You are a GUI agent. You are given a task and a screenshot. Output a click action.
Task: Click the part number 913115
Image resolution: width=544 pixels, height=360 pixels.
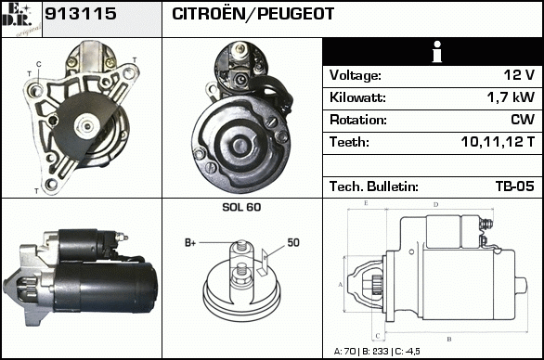pyautogui.click(x=81, y=14)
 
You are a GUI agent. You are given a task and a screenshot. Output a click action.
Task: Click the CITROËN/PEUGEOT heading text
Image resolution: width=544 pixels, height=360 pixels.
pyautogui.click(x=253, y=14)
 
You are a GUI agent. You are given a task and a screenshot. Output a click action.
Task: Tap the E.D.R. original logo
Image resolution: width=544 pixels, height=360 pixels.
pyautogui.click(x=21, y=19)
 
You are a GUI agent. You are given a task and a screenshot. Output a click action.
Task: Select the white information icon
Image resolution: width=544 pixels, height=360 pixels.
pyautogui.click(x=437, y=52)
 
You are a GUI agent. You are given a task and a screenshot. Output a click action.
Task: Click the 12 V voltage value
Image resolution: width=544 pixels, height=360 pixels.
pyautogui.click(x=519, y=75)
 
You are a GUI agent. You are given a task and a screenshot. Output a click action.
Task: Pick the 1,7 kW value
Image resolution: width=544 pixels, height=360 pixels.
pyautogui.click(x=511, y=97)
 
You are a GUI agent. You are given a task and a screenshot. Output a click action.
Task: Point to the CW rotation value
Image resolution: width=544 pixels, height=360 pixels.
pyautogui.click(x=523, y=120)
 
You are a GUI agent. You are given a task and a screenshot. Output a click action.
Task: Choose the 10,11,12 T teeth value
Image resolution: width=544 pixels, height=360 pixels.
pyautogui.click(x=498, y=142)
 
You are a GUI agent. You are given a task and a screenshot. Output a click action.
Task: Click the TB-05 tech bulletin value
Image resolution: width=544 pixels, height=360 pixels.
pyautogui.click(x=515, y=186)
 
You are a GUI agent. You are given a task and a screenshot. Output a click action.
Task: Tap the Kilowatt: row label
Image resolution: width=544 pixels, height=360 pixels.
pyautogui.click(x=357, y=97)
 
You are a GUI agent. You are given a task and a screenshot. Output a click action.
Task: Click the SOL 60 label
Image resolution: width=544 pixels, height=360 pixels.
pyautogui.click(x=241, y=207)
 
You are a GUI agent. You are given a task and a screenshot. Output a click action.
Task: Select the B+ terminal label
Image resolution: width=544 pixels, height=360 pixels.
pyautogui.click(x=190, y=243)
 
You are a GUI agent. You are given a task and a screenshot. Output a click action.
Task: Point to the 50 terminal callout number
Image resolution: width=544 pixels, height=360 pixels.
pyautogui.click(x=293, y=242)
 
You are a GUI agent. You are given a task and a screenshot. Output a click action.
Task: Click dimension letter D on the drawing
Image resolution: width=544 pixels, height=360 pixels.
pyautogui.click(x=435, y=205)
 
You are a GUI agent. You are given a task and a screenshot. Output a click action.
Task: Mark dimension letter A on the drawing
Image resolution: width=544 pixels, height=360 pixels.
pyautogui.click(x=341, y=285)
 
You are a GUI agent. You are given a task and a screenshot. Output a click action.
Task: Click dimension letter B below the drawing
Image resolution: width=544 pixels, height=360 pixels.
pyautogui.click(x=449, y=339)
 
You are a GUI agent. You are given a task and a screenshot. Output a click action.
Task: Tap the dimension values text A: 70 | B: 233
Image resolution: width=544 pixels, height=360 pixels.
pyautogui.click(x=361, y=352)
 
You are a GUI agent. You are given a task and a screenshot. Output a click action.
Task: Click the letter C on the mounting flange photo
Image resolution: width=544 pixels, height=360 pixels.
pyautogui.click(x=38, y=64)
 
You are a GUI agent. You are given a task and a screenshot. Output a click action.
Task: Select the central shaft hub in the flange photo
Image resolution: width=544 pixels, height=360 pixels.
pyautogui.click(x=87, y=126)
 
